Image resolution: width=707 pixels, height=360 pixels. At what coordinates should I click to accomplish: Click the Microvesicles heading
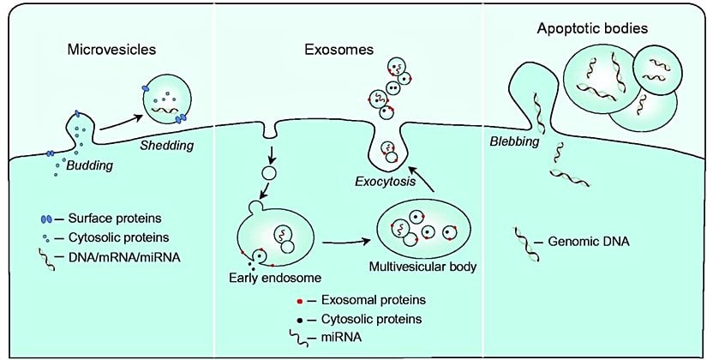click(111, 49)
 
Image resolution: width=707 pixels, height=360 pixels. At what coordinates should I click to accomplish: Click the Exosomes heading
click(339, 50)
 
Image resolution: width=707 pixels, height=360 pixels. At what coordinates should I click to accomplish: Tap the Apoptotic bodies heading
click(592, 29)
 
